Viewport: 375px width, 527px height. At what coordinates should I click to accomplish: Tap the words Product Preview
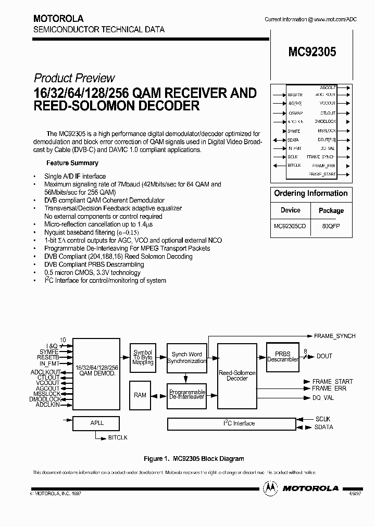(x=74, y=78)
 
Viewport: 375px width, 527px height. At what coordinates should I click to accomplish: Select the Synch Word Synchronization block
(x=186, y=357)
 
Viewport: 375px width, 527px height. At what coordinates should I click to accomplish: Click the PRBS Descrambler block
(x=282, y=356)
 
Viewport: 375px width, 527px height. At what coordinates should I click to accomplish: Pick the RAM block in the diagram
(x=140, y=395)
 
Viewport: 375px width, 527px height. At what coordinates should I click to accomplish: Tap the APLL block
(x=97, y=423)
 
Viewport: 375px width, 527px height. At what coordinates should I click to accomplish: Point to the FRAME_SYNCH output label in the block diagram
(x=335, y=336)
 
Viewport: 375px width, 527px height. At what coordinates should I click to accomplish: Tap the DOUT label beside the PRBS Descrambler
(x=324, y=356)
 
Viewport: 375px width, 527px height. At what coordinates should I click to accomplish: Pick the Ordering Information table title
(x=310, y=193)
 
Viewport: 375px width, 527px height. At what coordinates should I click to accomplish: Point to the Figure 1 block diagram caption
(x=194, y=459)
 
